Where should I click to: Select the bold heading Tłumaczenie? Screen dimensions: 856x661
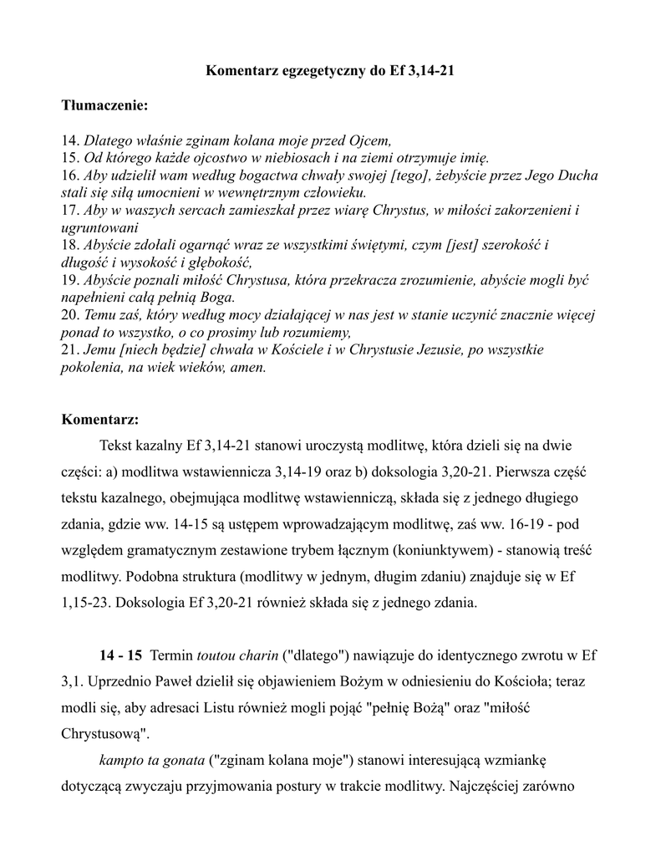click(104, 106)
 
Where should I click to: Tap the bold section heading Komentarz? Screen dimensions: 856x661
click(100, 418)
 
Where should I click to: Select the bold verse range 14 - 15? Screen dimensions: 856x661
click(121, 654)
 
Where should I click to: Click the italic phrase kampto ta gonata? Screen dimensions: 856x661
click(152, 761)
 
